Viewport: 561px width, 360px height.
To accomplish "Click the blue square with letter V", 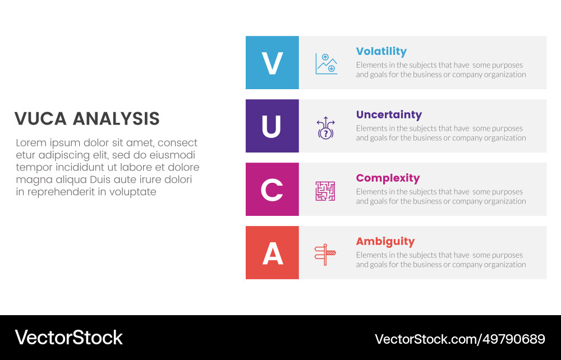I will (x=272, y=63).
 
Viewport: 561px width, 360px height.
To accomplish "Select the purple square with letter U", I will (x=272, y=126).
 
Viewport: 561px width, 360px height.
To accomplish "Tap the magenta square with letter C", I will (x=272, y=190).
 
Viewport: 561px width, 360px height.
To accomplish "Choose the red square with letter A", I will (x=272, y=253).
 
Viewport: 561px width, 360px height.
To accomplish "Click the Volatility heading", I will (x=381, y=52).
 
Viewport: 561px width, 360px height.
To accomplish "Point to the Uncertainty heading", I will (x=389, y=115).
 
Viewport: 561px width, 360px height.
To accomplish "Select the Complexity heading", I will (x=388, y=178).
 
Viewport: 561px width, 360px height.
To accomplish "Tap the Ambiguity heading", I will (x=385, y=242).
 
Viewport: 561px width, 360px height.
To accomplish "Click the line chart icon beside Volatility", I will (x=326, y=63).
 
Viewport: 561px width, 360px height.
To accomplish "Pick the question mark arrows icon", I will (x=325, y=127).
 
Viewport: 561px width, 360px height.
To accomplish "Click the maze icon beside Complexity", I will (x=325, y=191).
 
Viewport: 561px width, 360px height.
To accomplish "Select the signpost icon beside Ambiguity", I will (x=325, y=254).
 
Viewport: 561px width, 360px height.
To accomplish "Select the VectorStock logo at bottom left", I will (x=68, y=338).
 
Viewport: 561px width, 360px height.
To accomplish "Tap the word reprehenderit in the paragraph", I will (x=62, y=192).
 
